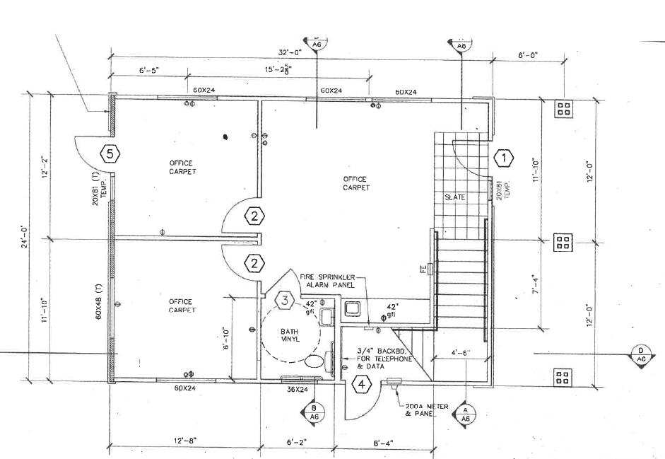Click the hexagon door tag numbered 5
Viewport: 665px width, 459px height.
pos(110,153)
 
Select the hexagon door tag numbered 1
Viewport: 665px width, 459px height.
pos(503,158)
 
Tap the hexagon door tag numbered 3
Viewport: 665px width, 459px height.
pos(284,301)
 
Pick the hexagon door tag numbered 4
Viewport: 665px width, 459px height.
pos(361,385)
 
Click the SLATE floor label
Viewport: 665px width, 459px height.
pos(455,197)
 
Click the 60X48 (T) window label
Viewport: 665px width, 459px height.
pos(98,303)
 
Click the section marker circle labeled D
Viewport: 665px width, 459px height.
pos(641,355)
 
